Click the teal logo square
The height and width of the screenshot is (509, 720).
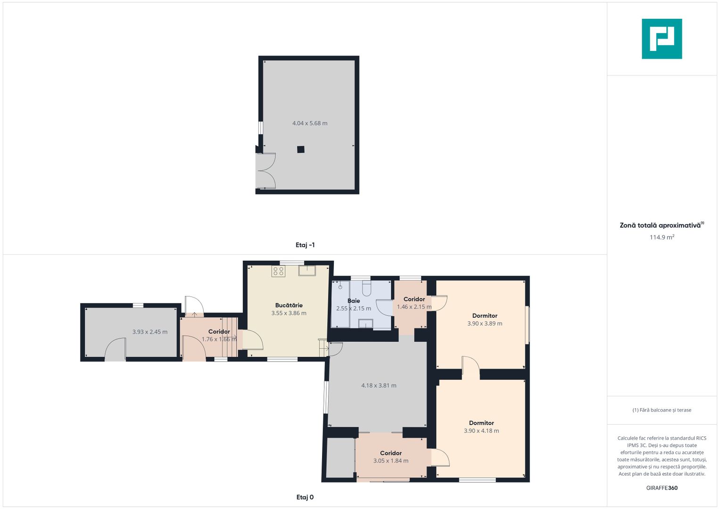tap(662, 39)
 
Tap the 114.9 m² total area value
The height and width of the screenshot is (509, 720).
tap(662, 237)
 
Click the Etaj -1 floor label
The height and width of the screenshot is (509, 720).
tap(305, 245)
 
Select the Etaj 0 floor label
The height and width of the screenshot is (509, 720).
tap(305, 497)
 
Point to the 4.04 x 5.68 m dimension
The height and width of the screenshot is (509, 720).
tap(310, 123)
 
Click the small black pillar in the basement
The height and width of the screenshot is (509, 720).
tap(300, 149)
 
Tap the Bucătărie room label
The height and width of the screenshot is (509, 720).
tap(289, 305)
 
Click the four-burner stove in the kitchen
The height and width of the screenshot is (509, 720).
tap(278, 271)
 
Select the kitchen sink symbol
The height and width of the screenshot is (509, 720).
tap(307, 271)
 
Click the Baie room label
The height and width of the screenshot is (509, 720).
tap(354, 301)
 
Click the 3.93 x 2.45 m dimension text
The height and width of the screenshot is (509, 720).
tap(150, 332)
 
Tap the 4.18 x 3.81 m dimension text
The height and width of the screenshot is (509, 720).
tap(379, 386)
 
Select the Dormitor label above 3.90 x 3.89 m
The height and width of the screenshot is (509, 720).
tap(485, 316)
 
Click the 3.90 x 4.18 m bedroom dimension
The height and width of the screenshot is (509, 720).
tap(481, 431)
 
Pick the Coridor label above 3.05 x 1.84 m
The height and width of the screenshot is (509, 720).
tap(391, 453)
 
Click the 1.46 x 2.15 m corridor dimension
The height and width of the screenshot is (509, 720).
tap(414, 307)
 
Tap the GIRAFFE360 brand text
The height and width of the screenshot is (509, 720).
tap(662, 488)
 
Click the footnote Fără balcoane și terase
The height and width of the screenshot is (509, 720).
tap(662, 410)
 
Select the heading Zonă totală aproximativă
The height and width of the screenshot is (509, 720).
tap(660, 225)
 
